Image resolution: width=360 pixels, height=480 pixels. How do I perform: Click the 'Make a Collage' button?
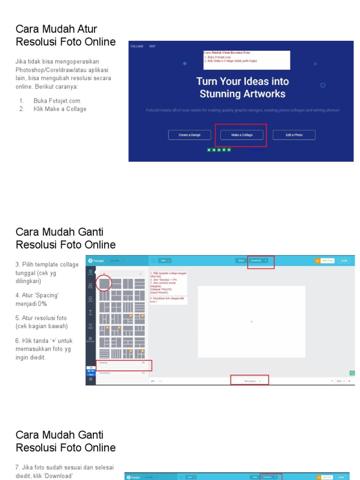pos(242,135)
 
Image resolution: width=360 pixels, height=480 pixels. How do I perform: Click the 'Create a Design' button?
pos(189,135)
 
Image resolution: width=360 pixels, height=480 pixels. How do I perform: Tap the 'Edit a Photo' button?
pos(294,135)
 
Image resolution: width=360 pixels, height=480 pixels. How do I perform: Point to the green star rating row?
pos(219,150)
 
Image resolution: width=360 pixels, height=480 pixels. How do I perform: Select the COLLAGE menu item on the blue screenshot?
pos(137,46)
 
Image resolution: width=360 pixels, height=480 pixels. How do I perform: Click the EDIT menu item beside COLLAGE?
pos(152,46)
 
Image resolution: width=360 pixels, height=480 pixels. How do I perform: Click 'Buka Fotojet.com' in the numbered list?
pos(57,101)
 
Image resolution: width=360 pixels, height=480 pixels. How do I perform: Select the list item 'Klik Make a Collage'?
pos(60,109)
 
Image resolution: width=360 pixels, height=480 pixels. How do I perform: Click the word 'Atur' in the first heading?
pos(86,30)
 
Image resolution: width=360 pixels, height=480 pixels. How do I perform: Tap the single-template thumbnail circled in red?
pos(105,283)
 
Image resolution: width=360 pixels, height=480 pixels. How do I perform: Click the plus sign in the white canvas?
pos(252,322)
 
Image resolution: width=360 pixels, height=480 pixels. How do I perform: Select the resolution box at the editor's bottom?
pos(249,381)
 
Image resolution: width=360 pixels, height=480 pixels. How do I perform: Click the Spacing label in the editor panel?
pos(104,362)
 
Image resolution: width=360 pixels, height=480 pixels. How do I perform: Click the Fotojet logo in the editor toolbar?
pos(97,261)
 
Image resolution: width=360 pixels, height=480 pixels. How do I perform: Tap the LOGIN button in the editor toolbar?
pos(344,261)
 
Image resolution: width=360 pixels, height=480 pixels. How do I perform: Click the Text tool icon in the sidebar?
pos(90,312)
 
